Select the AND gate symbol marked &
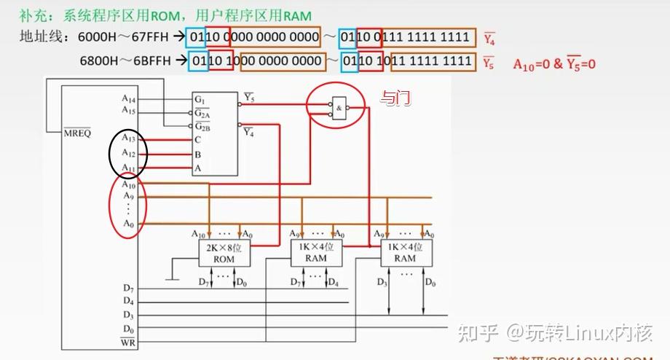[x=339, y=108]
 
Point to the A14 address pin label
[x=129, y=98]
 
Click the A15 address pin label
[x=129, y=111]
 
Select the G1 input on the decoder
[x=199, y=98]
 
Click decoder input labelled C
[x=197, y=139]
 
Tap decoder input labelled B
[x=197, y=154]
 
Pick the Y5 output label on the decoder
[x=249, y=98]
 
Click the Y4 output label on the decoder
[x=249, y=132]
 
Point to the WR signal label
[x=127, y=342]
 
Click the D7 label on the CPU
[x=128, y=289]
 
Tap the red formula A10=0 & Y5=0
[x=554, y=64]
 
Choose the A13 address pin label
[x=129, y=139]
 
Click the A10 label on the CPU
[x=129, y=185]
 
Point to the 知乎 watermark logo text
[x=476, y=334]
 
